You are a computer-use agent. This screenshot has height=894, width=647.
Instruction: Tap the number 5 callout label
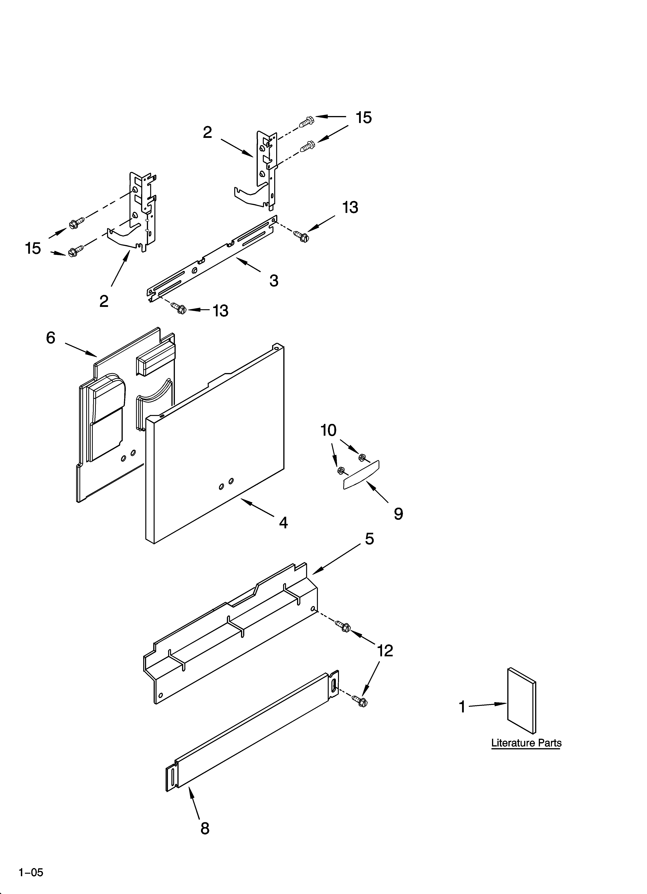(369, 539)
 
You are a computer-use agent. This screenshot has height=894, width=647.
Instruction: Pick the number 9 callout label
(398, 514)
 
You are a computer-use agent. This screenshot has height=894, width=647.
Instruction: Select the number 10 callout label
(328, 430)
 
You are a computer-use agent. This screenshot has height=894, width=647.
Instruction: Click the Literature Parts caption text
(526, 743)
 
